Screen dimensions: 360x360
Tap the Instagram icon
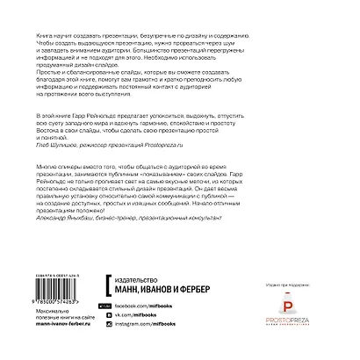coord(108,336)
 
